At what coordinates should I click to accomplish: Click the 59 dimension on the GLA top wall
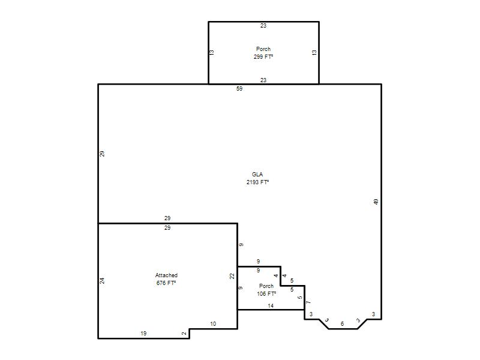239,88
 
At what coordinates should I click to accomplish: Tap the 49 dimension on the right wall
376,202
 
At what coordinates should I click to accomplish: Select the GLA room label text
257,174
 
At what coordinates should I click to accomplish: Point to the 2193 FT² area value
258,182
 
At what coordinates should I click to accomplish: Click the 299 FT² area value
263,56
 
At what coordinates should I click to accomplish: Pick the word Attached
166,275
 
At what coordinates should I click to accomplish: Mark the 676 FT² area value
166,283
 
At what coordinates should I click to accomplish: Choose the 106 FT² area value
266,294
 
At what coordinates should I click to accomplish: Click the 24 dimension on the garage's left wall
102,281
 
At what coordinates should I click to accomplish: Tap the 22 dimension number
232,276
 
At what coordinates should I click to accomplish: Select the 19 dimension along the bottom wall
143,334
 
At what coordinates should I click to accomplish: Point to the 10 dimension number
213,324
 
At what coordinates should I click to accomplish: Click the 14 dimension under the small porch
271,306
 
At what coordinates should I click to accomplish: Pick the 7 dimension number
308,302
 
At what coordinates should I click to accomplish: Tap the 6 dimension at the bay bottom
342,324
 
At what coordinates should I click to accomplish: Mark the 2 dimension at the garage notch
184,334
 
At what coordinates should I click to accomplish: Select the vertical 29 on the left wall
102,154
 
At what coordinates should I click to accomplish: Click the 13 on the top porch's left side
212,53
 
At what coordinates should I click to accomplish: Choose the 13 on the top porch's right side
314,53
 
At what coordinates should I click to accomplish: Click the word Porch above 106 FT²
266,286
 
